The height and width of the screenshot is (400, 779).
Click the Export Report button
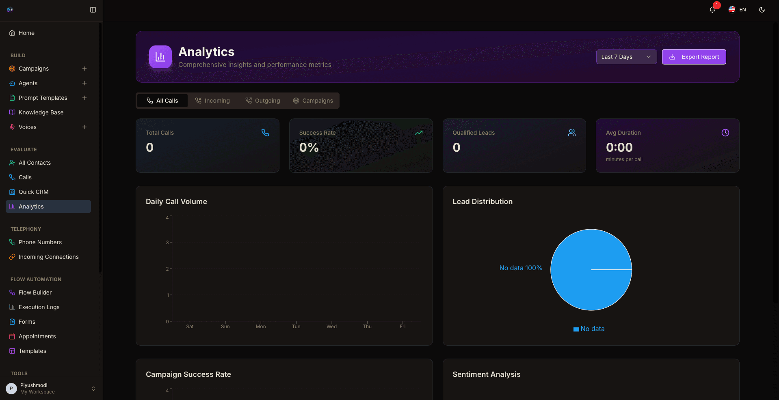(x=694, y=57)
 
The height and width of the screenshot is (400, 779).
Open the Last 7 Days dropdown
(x=626, y=57)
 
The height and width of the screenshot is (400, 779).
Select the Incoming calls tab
(x=212, y=101)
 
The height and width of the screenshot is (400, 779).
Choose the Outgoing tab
(x=263, y=101)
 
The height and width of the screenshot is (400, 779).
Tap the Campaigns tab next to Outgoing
(x=313, y=101)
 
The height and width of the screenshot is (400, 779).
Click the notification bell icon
(x=712, y=10)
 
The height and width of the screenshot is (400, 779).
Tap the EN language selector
(x=737, y=10)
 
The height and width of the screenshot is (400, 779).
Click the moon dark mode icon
(x=762, y=10)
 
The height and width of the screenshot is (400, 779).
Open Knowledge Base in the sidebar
(x=41, y=112)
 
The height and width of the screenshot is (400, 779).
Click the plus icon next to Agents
(x=84, y=83)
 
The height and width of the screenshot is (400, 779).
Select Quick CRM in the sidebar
(x=33, y=192)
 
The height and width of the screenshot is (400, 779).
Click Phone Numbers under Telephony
(x=40, y=242)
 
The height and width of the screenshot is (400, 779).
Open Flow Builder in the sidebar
(x=35, y=292)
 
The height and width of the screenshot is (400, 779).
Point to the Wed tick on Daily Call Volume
(x=331, y=326)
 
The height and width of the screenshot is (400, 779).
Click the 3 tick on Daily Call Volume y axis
(x=167, y=243)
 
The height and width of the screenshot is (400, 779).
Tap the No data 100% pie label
(x=520, y=268)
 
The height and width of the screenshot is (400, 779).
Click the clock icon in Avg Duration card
(x=725, y=133)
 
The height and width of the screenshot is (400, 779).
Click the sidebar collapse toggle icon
(x=93, y=10)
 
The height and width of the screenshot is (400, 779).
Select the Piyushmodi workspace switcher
(x=51, y=389)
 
